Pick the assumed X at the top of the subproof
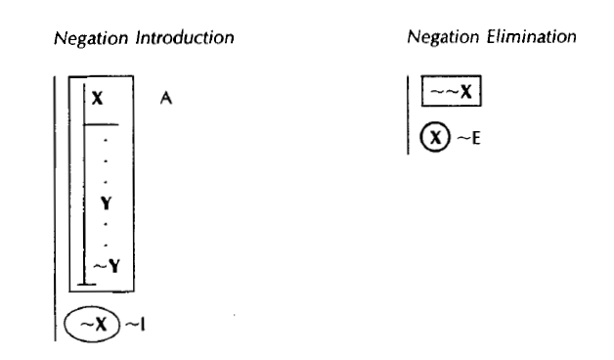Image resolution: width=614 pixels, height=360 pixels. [96, 99]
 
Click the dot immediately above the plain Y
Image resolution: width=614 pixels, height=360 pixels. [105, 185]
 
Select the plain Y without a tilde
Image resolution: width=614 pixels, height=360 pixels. [104, 203]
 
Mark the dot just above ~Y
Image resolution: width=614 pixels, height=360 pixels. [105, 241]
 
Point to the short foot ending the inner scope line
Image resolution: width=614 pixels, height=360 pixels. [88, 284]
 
